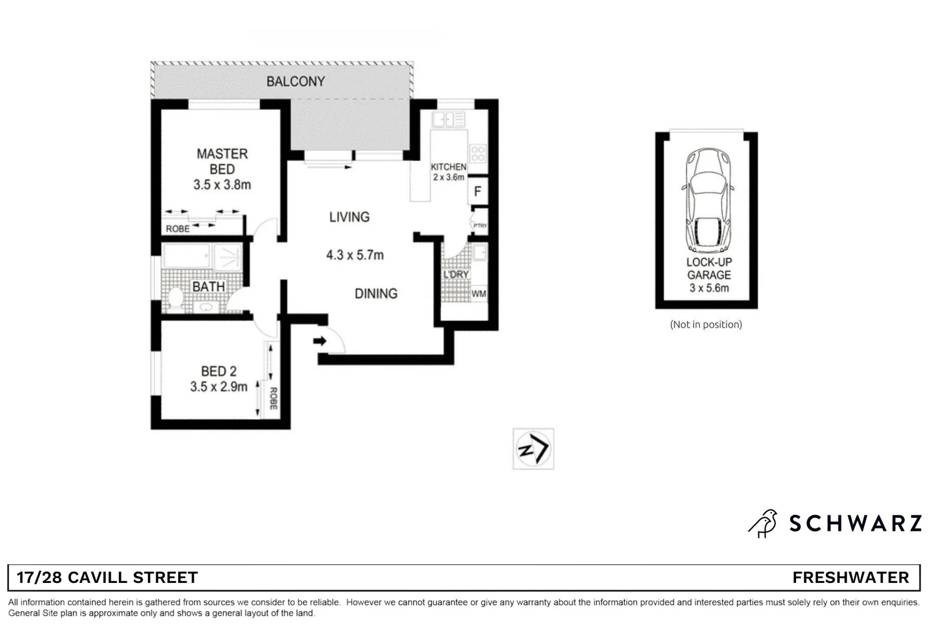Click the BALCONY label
click(x=295, y=81)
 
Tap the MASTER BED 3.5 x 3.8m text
click(x=222, y=169)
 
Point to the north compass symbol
click(x=533, y=449)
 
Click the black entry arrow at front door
click(x=320, y=341)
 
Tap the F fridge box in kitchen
click(x=478, y=191)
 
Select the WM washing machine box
click(x=479, y=294)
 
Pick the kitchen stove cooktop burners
click(x=478, y=154)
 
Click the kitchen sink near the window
click(x=447, y=120)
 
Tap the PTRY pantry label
click(x=480, y=226)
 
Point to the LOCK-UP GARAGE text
click(x=708, y=268)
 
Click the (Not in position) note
click(x=706, y=325)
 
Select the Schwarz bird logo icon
click(x=763, y=523)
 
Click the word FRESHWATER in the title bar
click(x=850, y=578)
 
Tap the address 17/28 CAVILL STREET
click(x=107, y=578)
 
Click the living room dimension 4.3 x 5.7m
click(x=355, y=255)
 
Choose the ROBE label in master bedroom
click(x=178, y=229)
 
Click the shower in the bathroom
click(x=227, y=257)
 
